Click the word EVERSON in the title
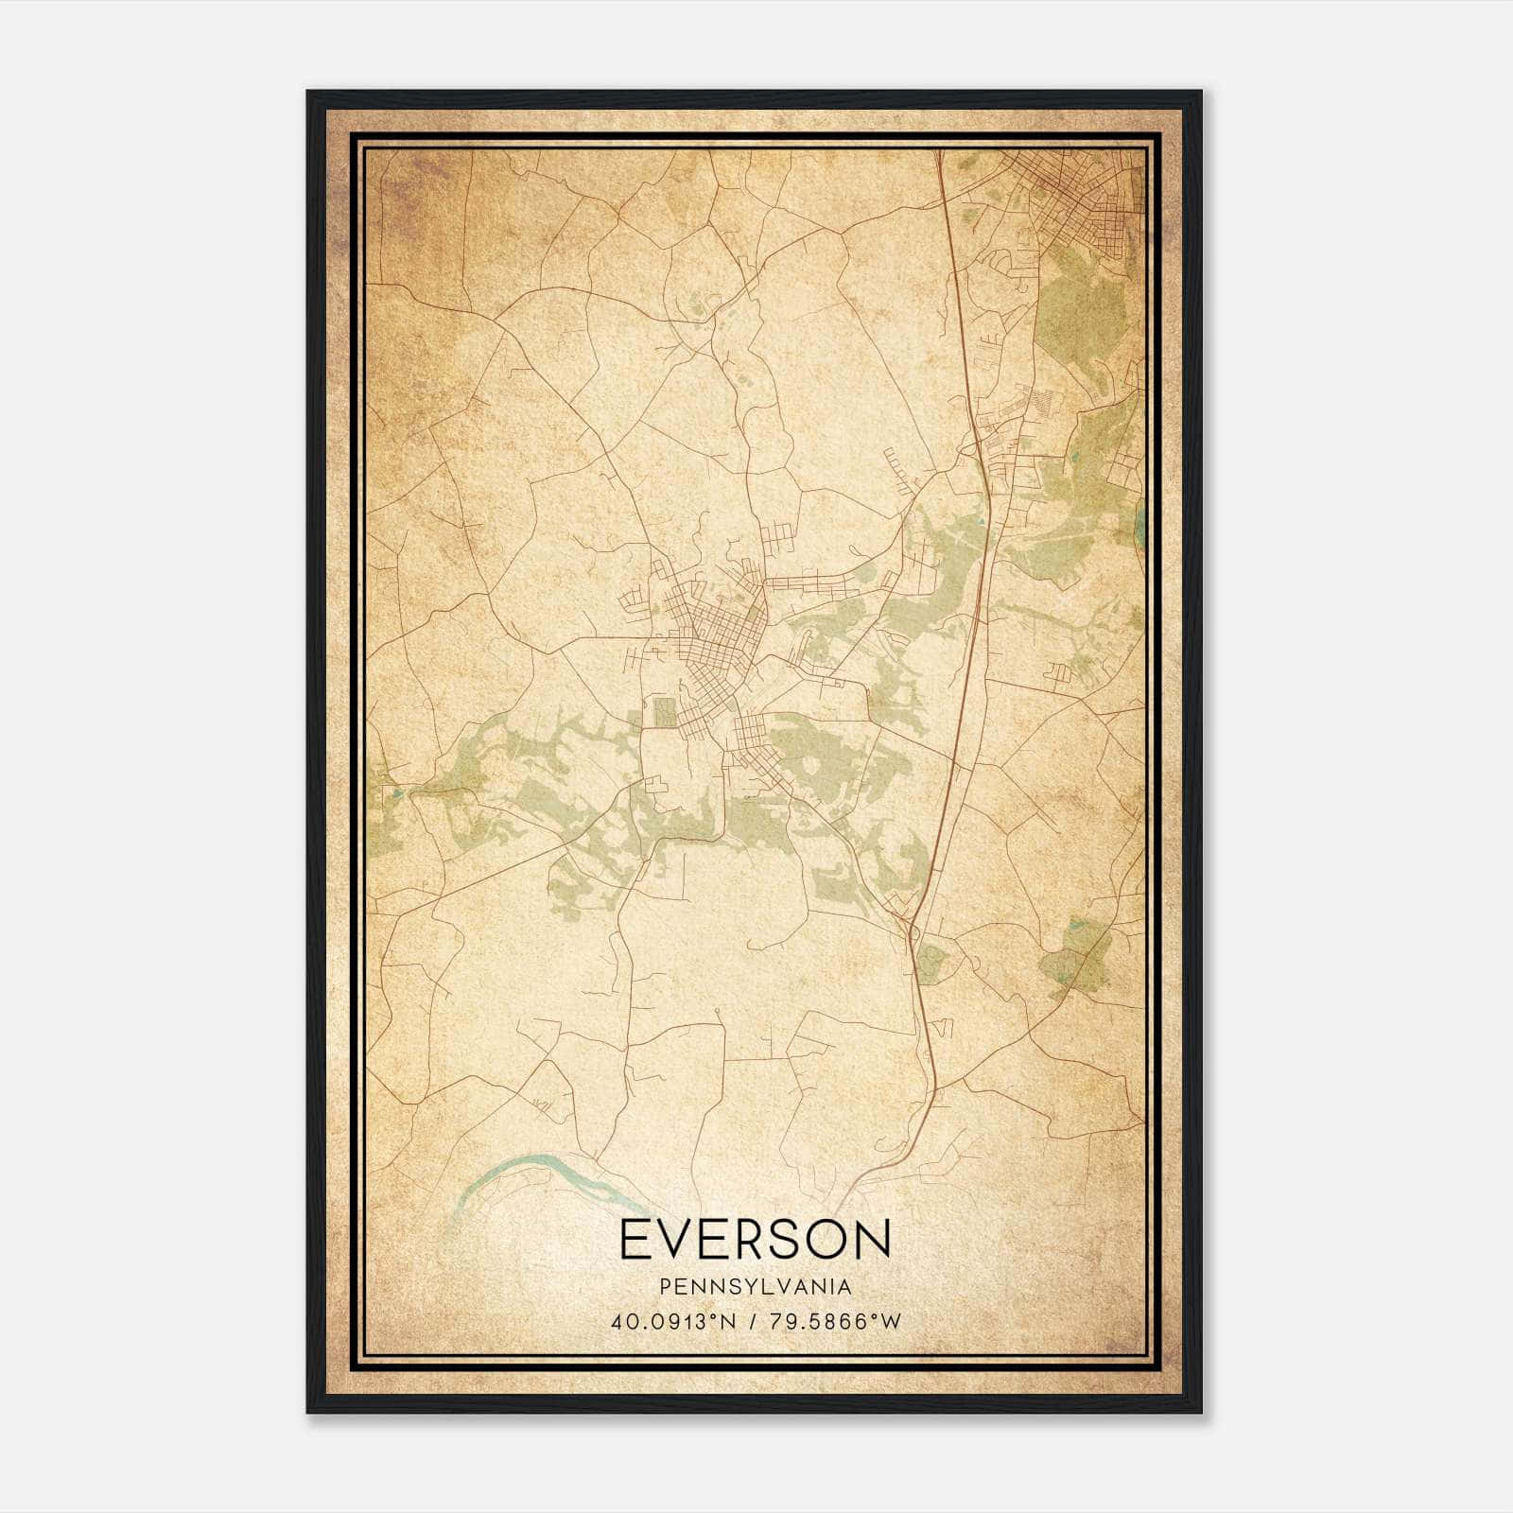(756, 1240)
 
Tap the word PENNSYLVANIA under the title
(756, 1287)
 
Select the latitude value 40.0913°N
(673, 1322)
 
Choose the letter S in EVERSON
(777, 1240)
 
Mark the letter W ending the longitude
(890, 1322)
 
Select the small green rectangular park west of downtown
(666, 711)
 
